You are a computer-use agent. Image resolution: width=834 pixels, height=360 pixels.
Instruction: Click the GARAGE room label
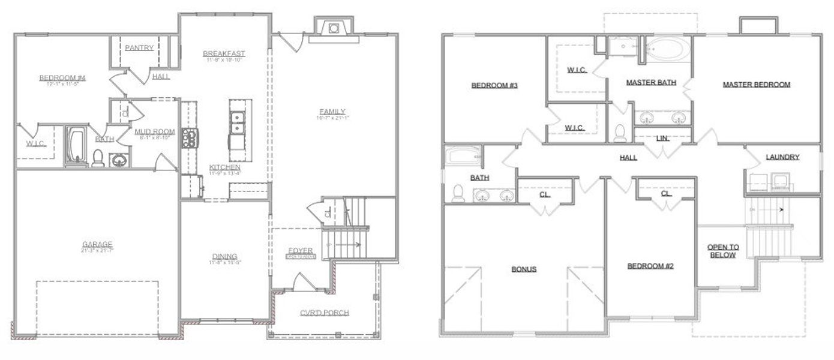(x=97, y=244)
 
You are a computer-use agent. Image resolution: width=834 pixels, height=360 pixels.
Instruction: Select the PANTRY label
(x=139, y=48)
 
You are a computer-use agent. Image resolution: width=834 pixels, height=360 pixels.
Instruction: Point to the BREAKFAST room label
(x=224, y=54)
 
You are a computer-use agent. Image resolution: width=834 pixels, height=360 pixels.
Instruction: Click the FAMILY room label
(x=332, y=112)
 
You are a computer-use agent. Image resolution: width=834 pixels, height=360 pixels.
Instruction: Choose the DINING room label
(x=224, y=256)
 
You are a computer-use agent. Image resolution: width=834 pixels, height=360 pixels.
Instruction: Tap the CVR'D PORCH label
(x=324, y=313)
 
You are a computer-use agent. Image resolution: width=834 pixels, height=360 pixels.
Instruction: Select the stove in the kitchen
(x=190, y=138)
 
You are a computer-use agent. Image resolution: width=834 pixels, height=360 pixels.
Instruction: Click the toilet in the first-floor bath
(x=98, y=158)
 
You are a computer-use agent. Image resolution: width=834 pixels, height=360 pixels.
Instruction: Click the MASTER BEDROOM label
(x=756, y=85)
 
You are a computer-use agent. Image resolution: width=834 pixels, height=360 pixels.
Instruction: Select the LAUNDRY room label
(x=782, y=157)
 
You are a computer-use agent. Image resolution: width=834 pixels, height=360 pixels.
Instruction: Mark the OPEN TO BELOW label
(x=723, y=251)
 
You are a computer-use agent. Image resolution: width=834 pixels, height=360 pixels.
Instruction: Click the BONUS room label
(x=524, y=269)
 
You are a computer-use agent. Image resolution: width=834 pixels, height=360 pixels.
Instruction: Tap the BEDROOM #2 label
(x=650, y=266)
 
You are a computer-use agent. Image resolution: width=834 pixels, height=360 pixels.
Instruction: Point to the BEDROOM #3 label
(x=494, y=85)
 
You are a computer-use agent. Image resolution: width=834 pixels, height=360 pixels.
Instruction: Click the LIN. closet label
(x=662, y=139)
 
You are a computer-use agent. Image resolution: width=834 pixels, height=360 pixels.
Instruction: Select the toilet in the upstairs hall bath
(x=458, y=193)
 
